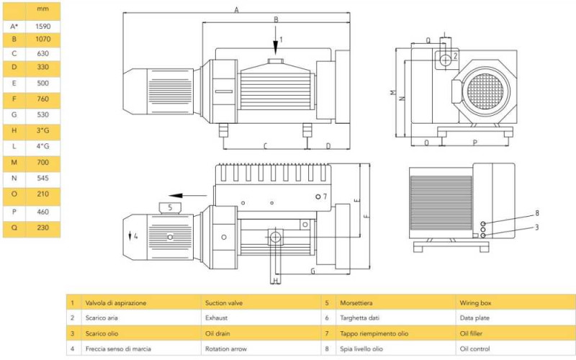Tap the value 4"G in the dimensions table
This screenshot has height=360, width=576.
pyautogui.click(x=42, y=147)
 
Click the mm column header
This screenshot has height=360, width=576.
pyautogui.click(x=42, y=10)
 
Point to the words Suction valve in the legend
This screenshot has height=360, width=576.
pyautogui.click(x=225, y=303)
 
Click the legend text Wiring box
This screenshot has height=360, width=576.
pyautogui.click(x=476, y=303)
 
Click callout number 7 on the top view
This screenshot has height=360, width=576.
pyautogui.click(x=325, y=196)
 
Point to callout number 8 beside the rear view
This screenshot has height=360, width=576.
pyautogui.click(x=536, y=213)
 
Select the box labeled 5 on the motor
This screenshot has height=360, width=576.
pyautogui.click(x=169, y=208)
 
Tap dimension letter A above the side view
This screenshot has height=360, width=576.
pyautogui.click(x=236, y=9)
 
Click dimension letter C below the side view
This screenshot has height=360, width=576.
pyautogui.click(x=265, y=145)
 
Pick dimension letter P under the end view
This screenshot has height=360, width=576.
pyautogui.click(x=474, y=143)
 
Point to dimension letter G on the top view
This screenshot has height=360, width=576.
pyautogui.click(x=312, y=271)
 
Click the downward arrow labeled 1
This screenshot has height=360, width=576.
pyautogui.click(x=275, y=34)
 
